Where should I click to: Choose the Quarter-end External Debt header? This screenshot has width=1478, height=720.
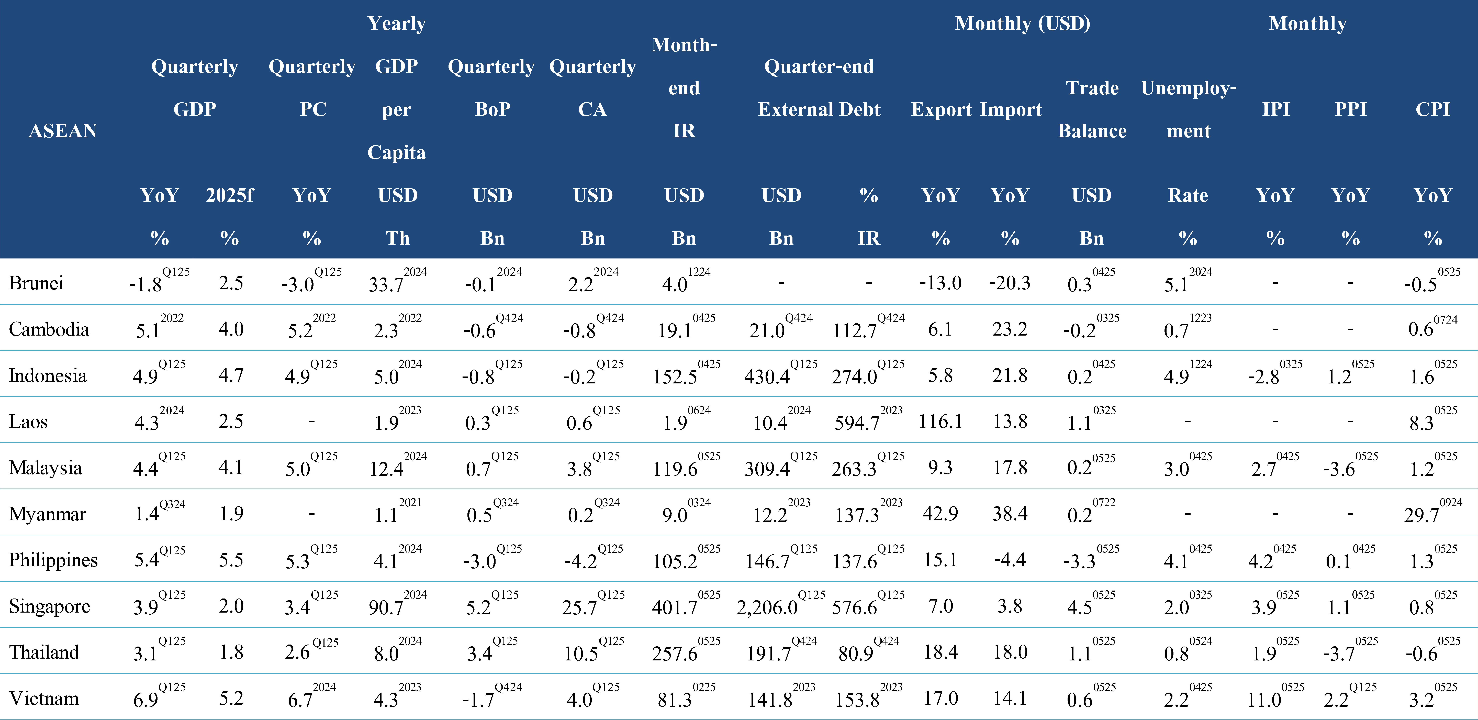pos(819,88)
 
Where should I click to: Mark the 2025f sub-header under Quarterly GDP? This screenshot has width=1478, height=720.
pos(230,195)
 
